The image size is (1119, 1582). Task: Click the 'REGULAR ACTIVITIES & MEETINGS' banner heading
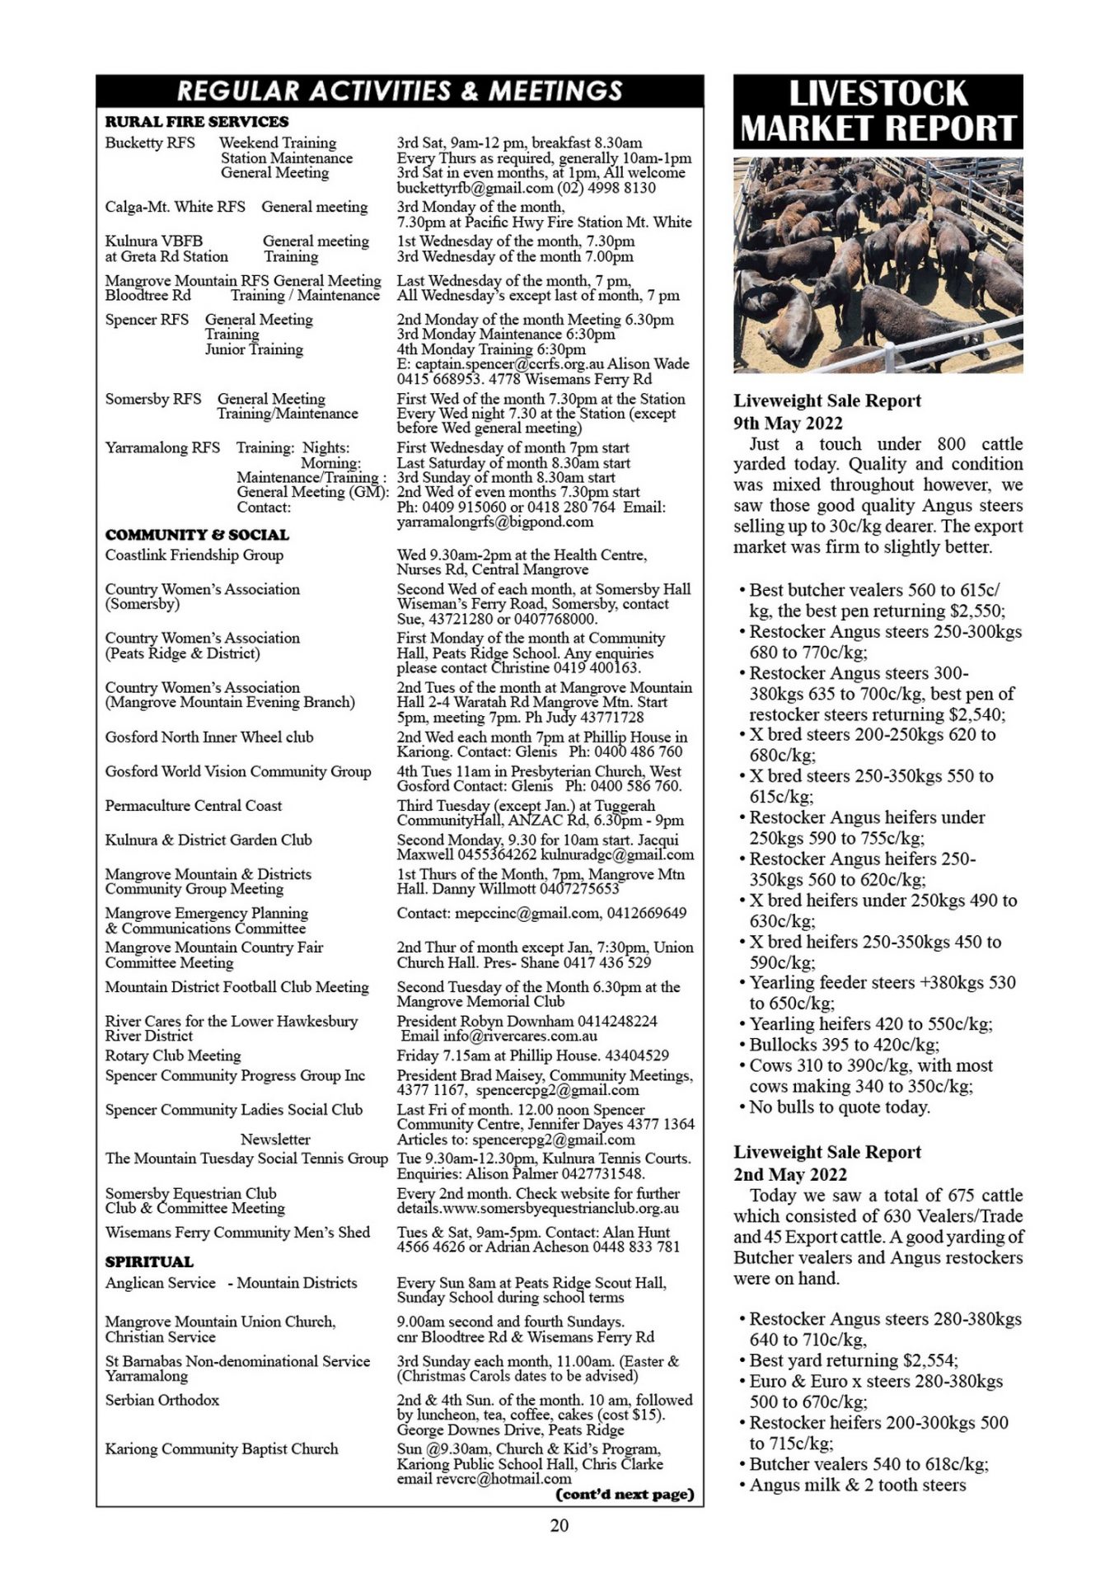[400, 91]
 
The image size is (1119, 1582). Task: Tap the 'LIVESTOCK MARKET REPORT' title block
[878, 112]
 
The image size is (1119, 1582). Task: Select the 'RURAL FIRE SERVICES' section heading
[197, 122]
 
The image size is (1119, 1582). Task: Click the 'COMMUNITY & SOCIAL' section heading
[197, 535]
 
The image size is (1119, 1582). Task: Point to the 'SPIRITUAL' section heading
[149, 1261]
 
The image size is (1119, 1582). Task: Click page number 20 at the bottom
[559, 1525]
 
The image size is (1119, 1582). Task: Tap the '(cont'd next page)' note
[625, 1494]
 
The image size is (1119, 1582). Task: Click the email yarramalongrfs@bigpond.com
[494, 522]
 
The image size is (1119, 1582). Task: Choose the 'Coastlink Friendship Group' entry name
[194, 555]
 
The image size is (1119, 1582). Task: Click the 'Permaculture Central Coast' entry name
[193, 806]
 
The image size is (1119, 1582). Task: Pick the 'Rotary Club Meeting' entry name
[172, 1055]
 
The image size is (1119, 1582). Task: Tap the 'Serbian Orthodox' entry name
[162, 1400]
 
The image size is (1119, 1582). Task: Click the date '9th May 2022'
[788, 423]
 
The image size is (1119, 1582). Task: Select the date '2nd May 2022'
[789, 1174]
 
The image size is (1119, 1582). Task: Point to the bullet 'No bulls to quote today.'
[839, 1107]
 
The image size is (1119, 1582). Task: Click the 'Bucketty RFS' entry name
[150, 143]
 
